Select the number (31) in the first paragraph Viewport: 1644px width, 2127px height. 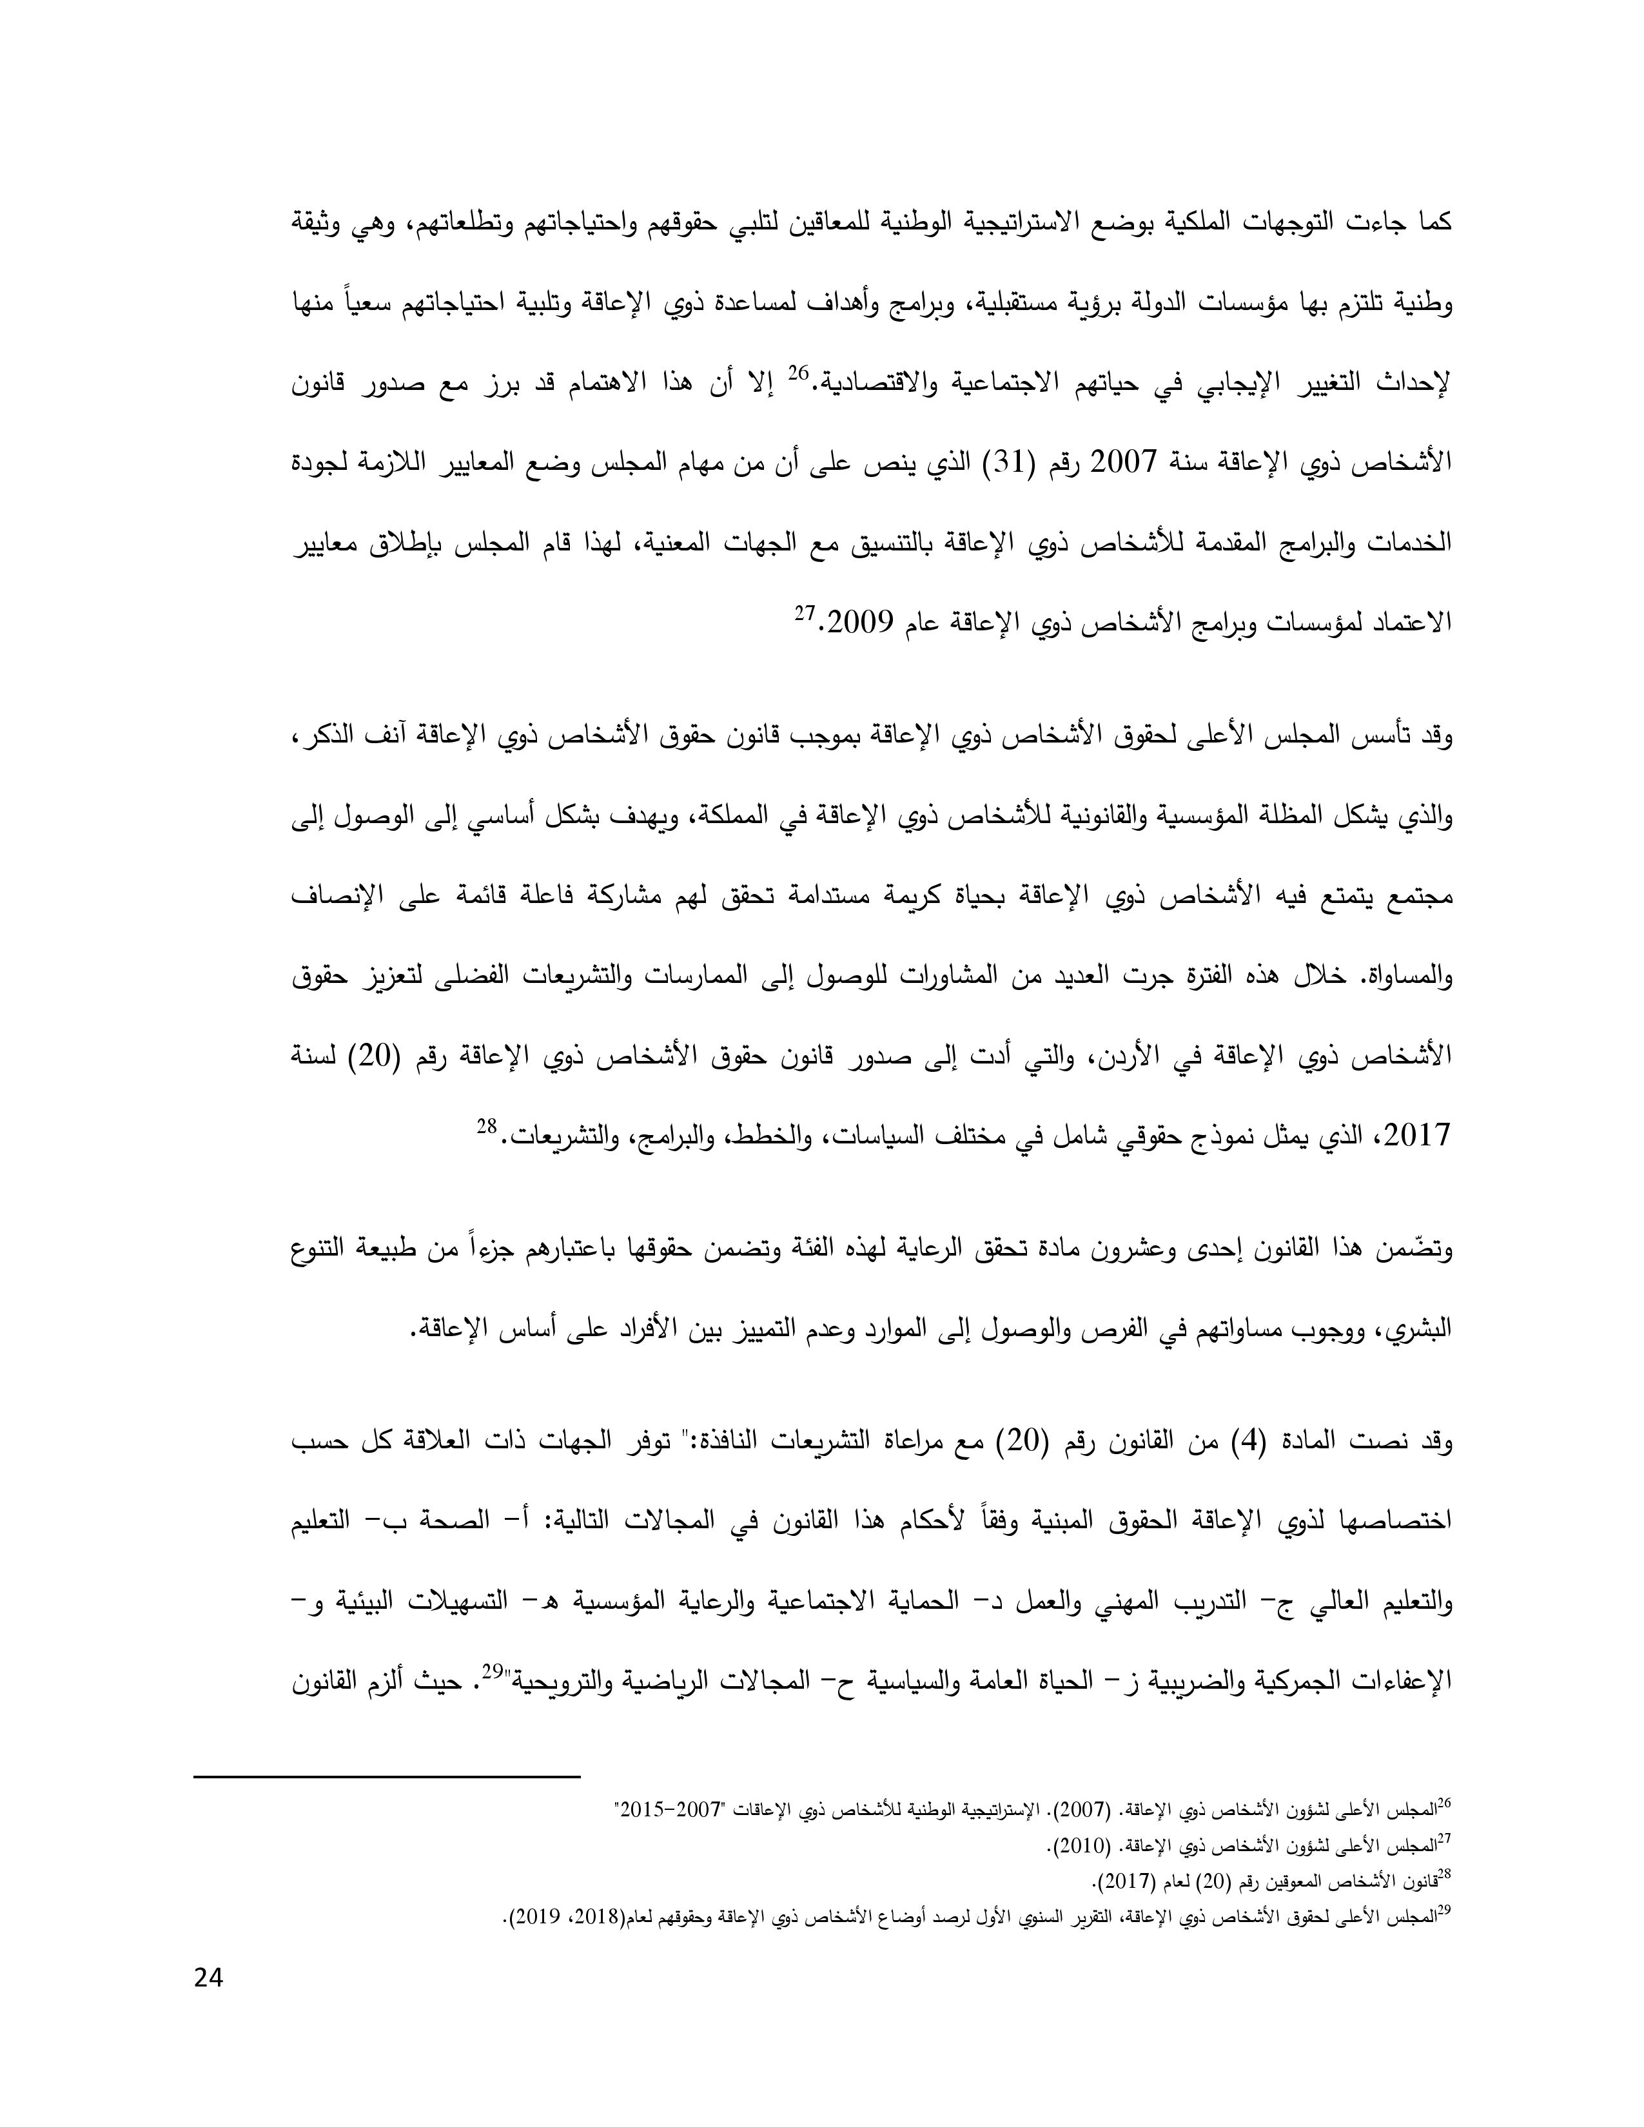(1015, 461)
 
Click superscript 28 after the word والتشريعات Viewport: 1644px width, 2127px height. (487, 1127)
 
